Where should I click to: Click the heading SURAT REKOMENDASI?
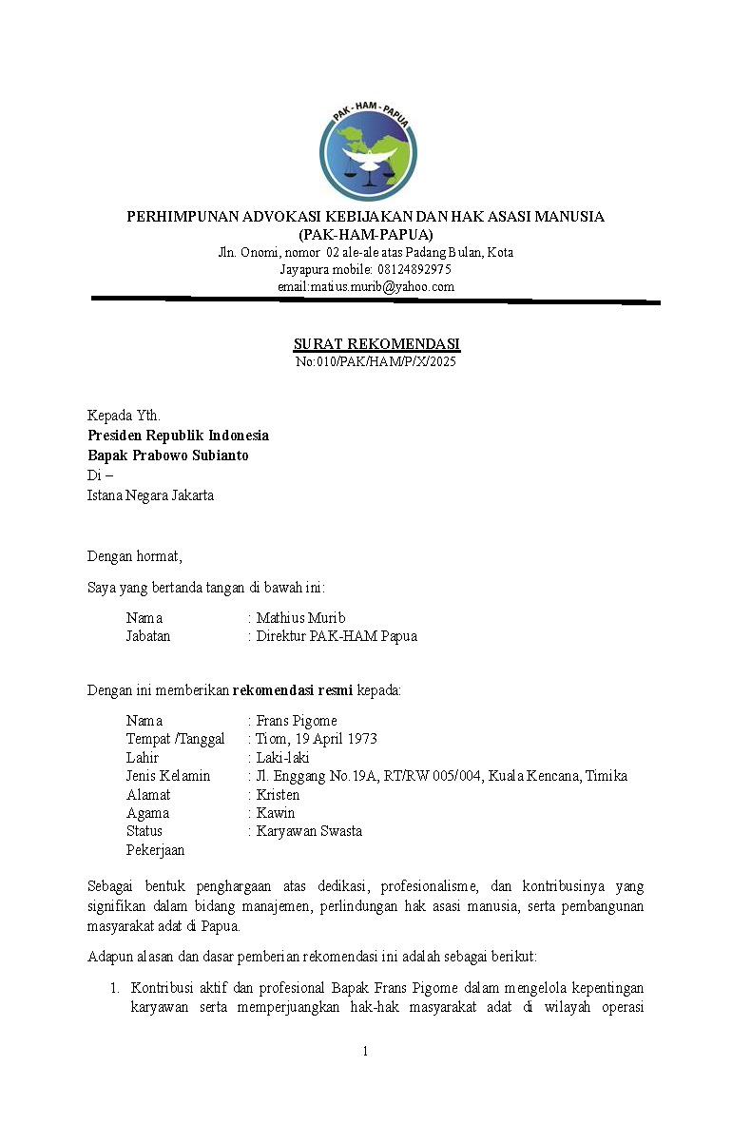click(376, 343)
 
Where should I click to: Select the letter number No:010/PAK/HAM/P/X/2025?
click(376, 361)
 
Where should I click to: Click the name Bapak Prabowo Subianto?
click(168, 455)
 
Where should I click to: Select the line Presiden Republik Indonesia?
click(178, 436)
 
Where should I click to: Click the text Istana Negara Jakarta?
click(150, 495)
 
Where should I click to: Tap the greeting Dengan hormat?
click(134, 556)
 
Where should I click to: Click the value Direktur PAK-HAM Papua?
click(337, 636)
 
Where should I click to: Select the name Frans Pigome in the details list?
click(297, 721)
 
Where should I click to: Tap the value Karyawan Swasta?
click(309, 831)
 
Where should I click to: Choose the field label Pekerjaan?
click(155, 850)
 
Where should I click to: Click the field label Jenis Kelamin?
click(168, 776)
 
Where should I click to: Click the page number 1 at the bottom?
click(366, 1051)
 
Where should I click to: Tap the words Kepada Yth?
click(124, 416)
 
